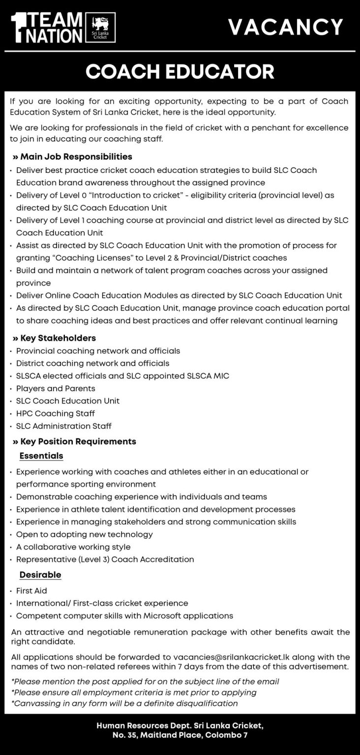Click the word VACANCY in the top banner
point(285,27)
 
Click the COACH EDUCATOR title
point(180,72)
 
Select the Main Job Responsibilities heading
point(72,157)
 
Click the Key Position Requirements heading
point(74,441)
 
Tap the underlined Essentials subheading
point(41,456)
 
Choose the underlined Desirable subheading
point(40,575)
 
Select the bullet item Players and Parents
point(56,388)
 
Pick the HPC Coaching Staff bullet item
point(56,413)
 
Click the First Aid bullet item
point(31,590)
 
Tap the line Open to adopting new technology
point(85,534)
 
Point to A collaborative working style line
point(73,547)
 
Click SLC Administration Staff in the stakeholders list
point(64,426)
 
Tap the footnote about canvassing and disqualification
point(124,703)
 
